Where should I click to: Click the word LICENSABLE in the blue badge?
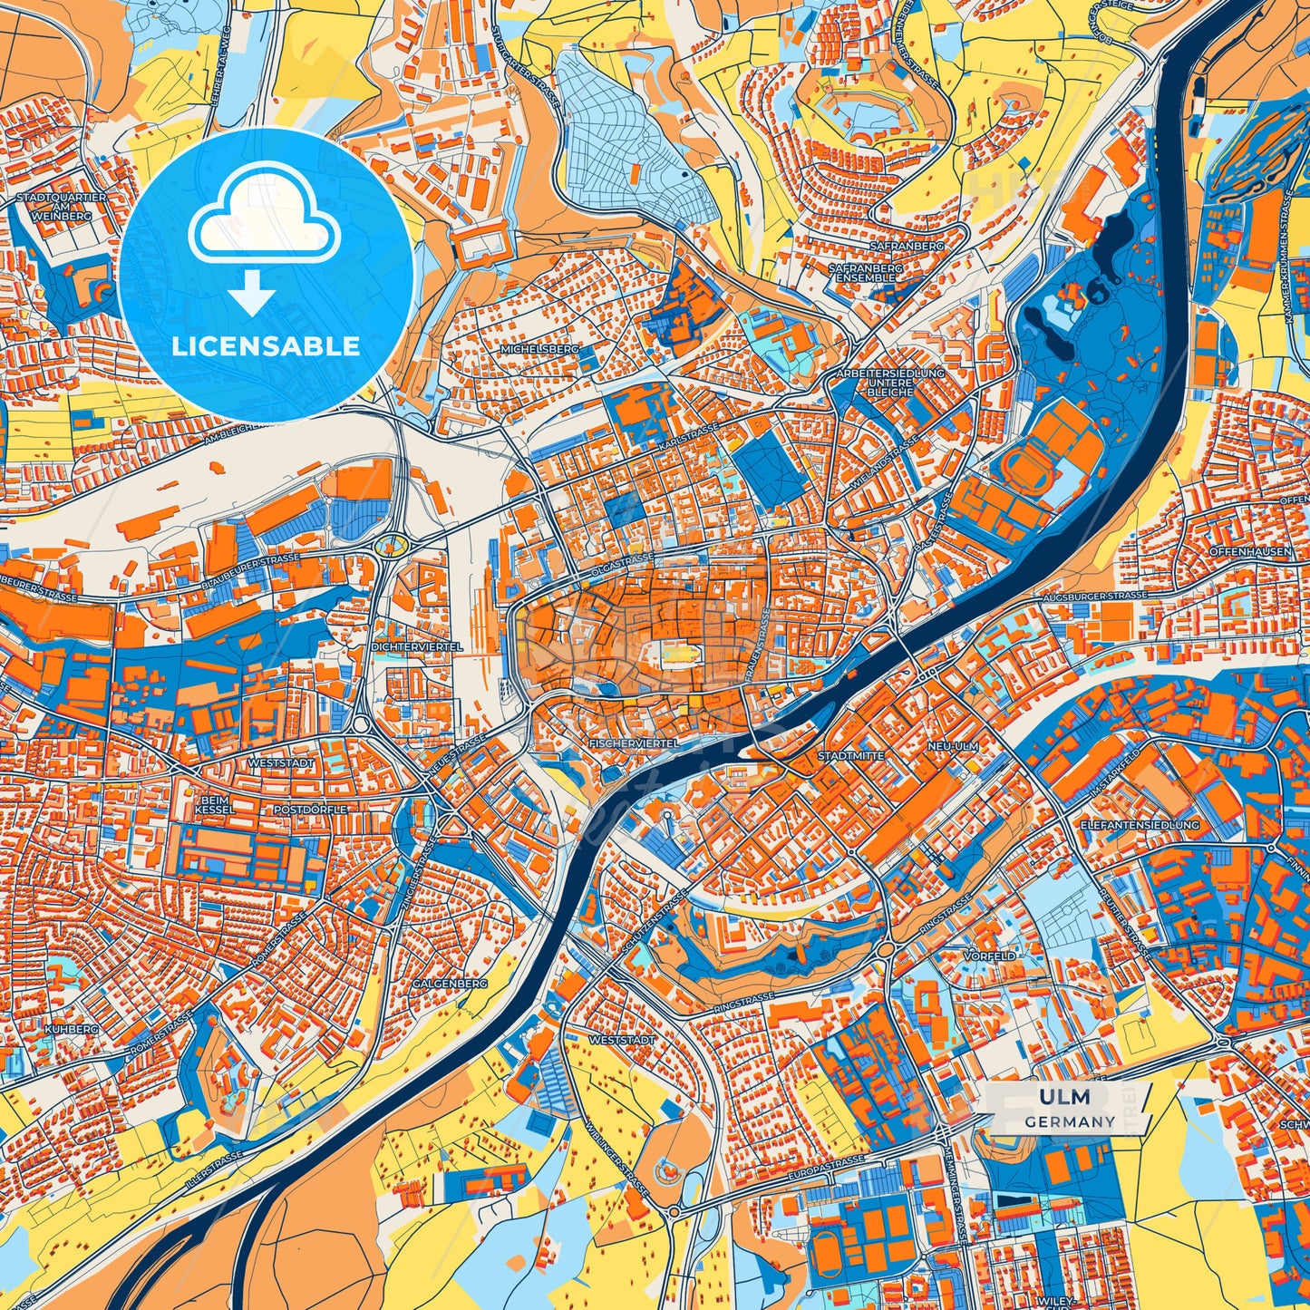click(x=267, y=346)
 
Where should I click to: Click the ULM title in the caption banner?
click(x=1064, y=1098)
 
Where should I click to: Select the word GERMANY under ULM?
click(x=1070, y=1121)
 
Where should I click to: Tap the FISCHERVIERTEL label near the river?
click(x=634, y=742)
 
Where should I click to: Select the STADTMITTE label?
click(x=849, y=754)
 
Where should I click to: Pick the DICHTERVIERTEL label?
click(x=417, y=646)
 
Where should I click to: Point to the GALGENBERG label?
click(x=450, y=983)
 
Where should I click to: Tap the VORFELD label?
click(x=991, y=956)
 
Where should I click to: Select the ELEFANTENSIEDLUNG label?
click(x=1140, y=825)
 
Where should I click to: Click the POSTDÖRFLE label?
click(x=311, y=809)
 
